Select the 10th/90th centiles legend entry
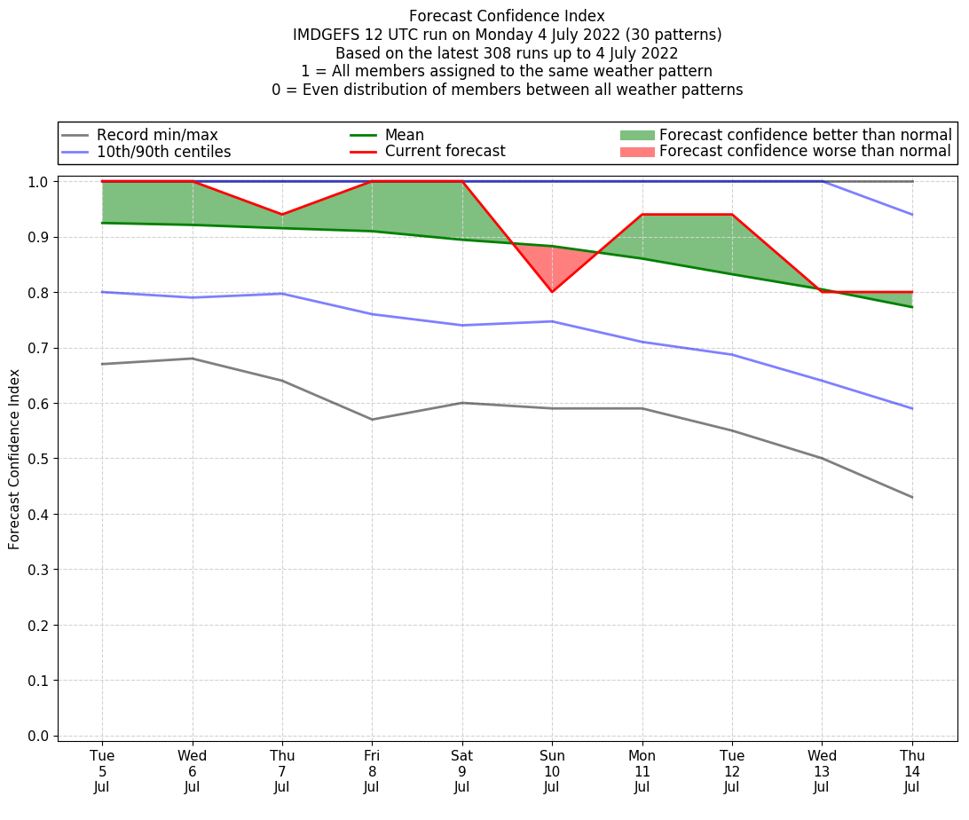163,152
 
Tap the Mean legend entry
404,135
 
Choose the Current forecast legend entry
445,152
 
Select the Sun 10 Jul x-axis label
552,771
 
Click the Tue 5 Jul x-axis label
102,771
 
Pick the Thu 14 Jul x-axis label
912,771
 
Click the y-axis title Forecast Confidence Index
15,459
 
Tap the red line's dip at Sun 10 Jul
552,292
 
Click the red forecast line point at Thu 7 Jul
282,215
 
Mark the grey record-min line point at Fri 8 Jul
372,420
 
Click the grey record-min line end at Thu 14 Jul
912,497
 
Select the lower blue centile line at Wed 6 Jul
193,297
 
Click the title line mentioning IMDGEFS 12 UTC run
507,35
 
